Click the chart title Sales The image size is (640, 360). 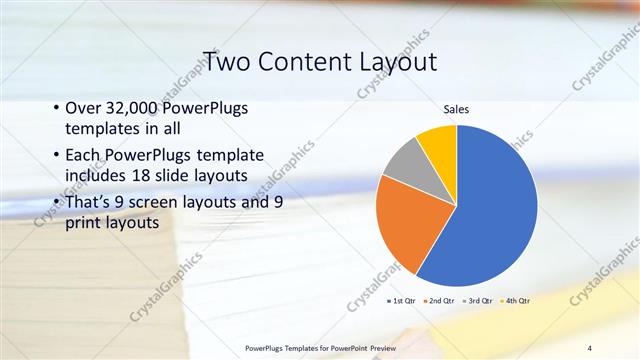[x=456, y=109]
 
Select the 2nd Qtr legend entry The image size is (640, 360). [x=440, y=300]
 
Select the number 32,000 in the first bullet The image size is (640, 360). [x=139, y=108]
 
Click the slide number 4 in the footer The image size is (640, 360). [x=590, y=347]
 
